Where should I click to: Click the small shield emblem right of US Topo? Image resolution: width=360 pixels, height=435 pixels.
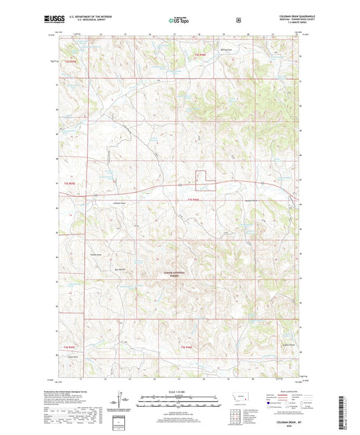pyautogui.click(x=237, y=20)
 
